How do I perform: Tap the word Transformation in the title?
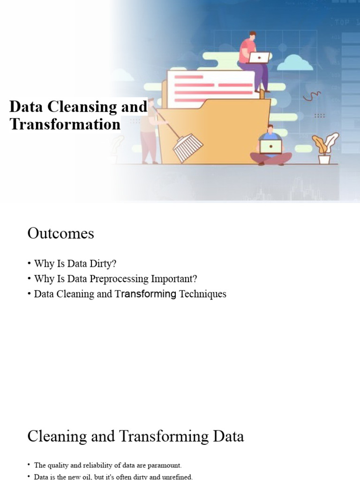pyautogui.click(x=65, y=124)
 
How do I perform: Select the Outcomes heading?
pyautogui.click(x=61, y=233)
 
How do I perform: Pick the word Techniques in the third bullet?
pyautogui.click(x=202, y=294)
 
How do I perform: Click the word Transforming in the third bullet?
pyautogui.click(x=146, y=294)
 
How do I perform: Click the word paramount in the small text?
pyautogui.click(x=160, y=465)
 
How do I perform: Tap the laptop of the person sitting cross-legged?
pyautogui.click(x=271, y=147)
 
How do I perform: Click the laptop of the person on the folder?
pyautogui.click(x=259, y=57)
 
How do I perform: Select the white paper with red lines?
pyautogui.click(x=211, y=87)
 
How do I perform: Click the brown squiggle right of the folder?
pyautogui.click(x=311, y=96)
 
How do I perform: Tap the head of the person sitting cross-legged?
pyautogui.click(x=270, y=129)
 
